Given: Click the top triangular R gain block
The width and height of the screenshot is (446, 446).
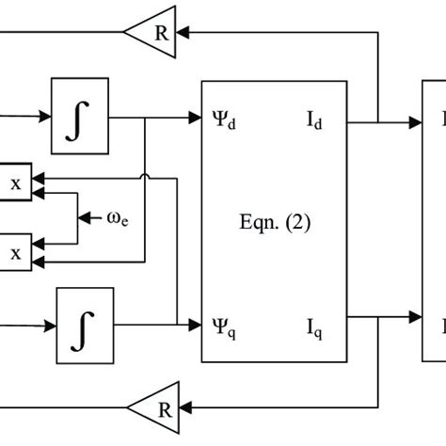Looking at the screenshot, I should pos(155,31).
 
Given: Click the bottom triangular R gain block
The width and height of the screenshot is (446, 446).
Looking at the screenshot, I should pos(155,407).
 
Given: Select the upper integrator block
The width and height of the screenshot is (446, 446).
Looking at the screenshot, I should pos(79,119).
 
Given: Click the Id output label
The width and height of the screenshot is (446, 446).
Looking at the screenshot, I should pos(314,121).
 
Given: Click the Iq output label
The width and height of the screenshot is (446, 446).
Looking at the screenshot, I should pos(314,327).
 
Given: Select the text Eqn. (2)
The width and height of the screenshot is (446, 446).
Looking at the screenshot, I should pos(274,224).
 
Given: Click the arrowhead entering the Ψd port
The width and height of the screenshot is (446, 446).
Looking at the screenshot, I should pos(194,119).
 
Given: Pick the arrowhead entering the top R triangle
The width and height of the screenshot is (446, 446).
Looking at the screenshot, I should pos(183,31).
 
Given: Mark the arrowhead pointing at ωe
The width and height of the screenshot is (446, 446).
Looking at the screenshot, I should pos(85,218).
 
